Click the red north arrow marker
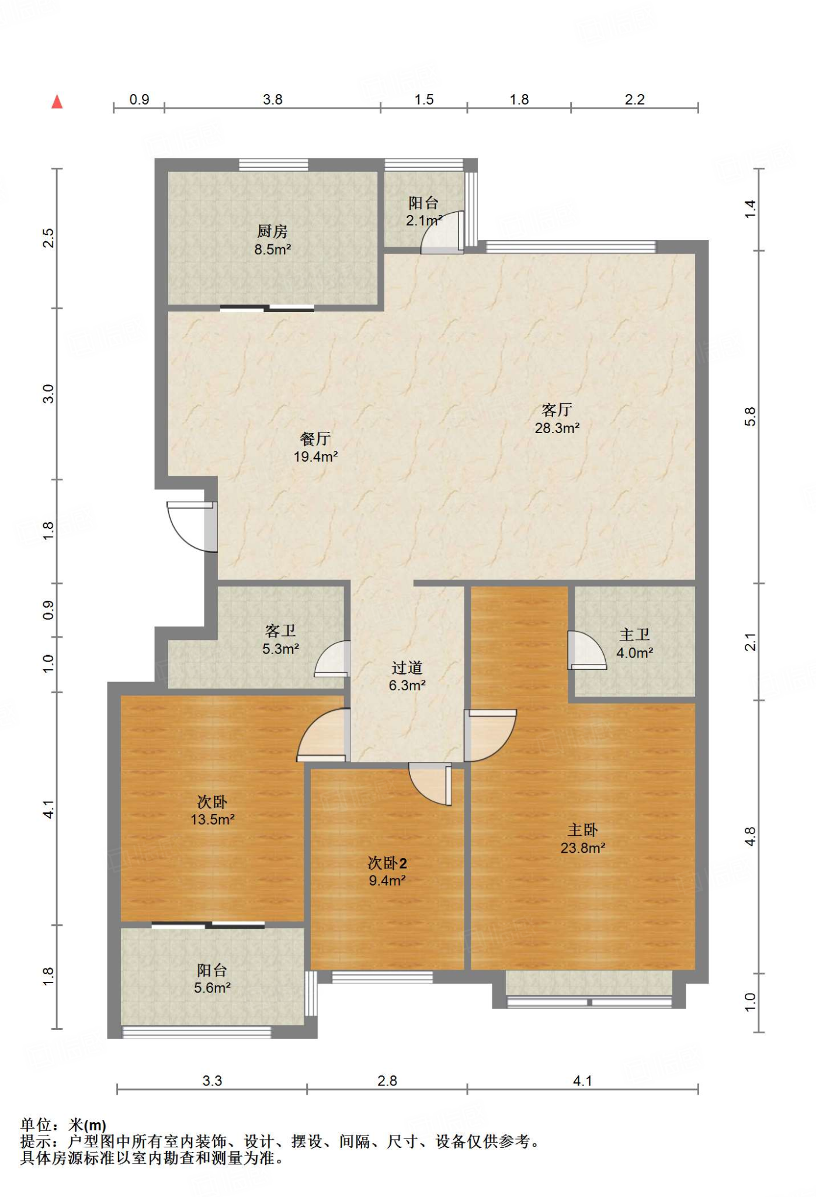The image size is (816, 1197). coord(57,102)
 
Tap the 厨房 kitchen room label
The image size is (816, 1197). coord(272,231)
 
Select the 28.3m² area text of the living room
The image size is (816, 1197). coord(557,428)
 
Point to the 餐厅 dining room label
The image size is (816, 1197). coord(315,438)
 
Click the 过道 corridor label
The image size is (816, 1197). coord(407,667)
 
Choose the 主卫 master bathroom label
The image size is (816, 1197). coord(635,635)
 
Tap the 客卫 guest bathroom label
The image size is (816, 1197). coord(280,631)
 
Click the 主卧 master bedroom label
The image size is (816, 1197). coord(583,830)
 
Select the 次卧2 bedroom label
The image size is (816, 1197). coord(387,863)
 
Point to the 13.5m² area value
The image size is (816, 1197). coord(213,819)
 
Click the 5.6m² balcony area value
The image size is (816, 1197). coord(212,988)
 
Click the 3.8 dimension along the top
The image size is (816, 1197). coord(273,99)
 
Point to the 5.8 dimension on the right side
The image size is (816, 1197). coord(750,417)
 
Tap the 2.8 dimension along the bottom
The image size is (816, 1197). coord(387,1081)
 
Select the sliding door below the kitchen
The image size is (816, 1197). coord(267,308)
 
